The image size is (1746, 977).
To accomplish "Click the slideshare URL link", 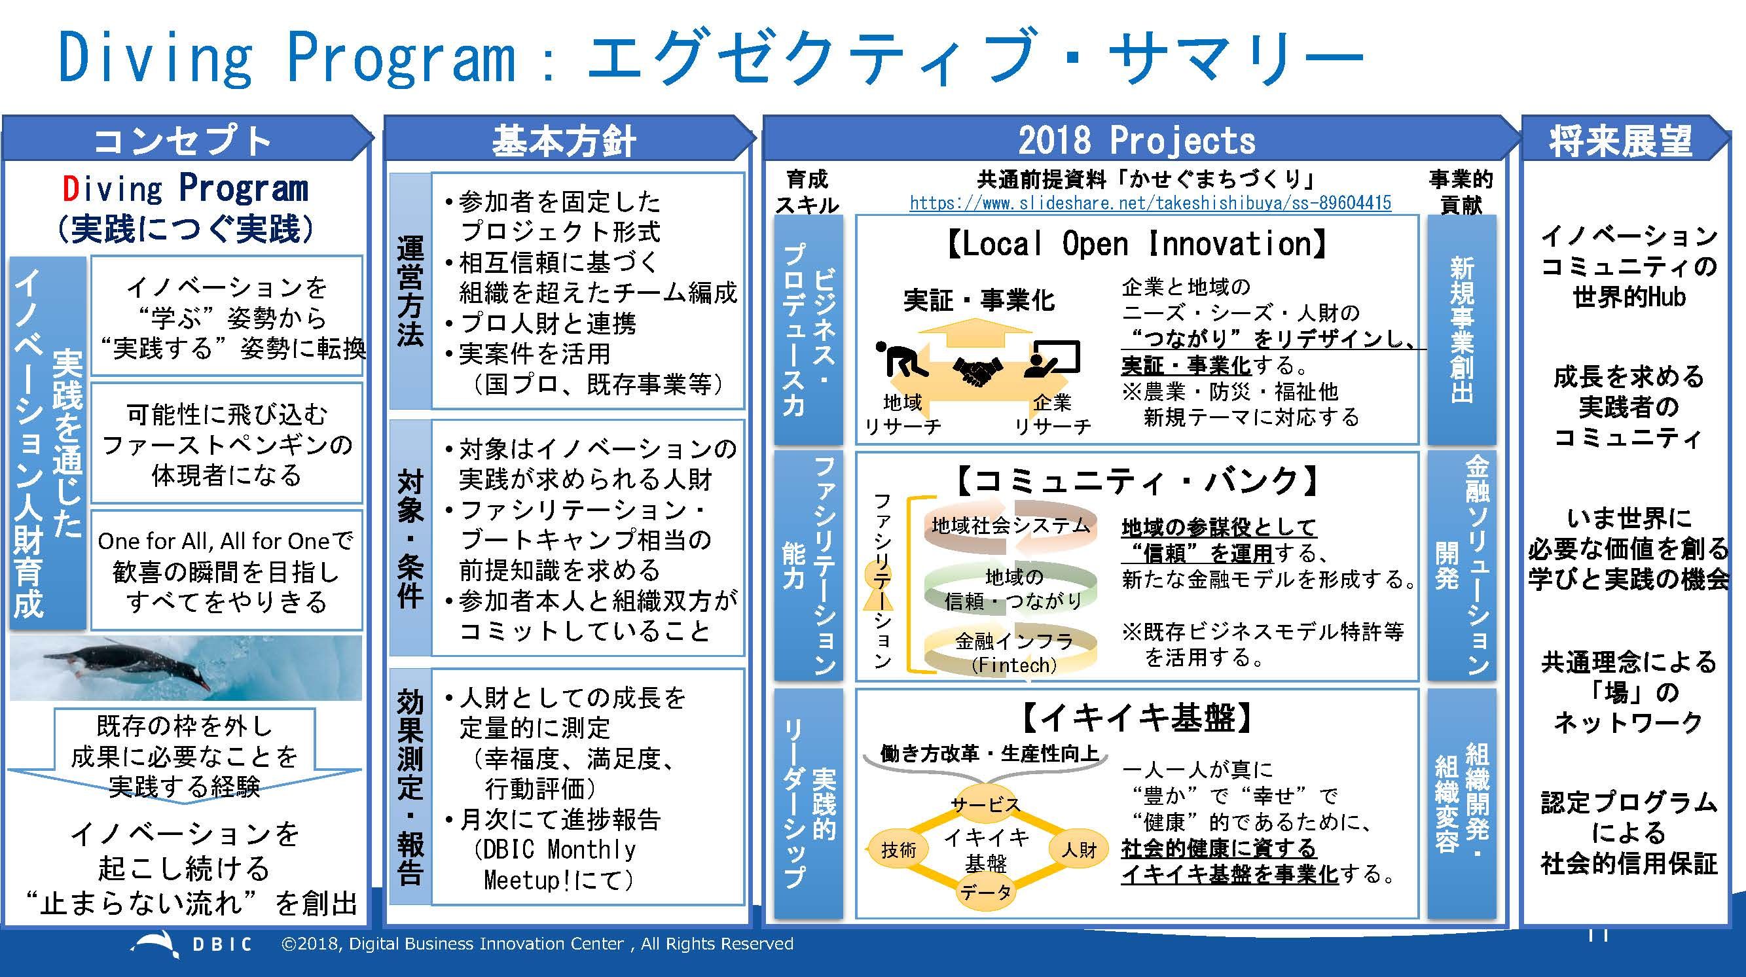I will pyautogui.click(x=1150, y=203).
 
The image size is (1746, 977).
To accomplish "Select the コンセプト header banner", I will pyautogui.click(x=183, y=141).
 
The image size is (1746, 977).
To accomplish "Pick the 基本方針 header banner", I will pyautogui.click(x=564, y=141).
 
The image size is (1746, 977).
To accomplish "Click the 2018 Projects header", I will pyautogui.click(x=1136, y=141).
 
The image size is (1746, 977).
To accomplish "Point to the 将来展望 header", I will pyautogui.click(x=1620, y=141).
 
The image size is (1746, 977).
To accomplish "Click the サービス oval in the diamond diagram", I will pyautogui.click(x=985, y=804).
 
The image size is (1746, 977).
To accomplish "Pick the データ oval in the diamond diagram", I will pyautogui.click(x=985, y=893).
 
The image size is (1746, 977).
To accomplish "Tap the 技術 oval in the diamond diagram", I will pyautogui.click(x=898, y=849).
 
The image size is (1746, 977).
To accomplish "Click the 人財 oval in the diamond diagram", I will pyautogui.click(x=1078, y=848).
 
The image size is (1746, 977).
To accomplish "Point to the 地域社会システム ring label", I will pyautogui.click(x=1010, y=525).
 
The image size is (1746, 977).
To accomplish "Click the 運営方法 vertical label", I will pyautogui.click(x=410, y=291).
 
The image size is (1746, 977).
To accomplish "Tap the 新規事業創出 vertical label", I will pyautogui.click(x=1462, y=329).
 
